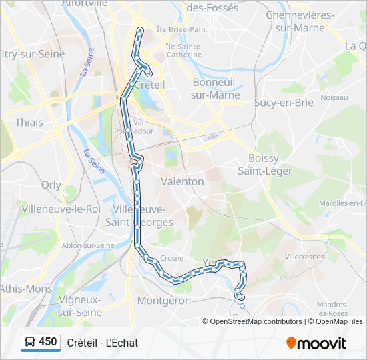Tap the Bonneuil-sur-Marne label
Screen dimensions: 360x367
pos(216,89)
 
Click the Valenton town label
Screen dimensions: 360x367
pos(182,181)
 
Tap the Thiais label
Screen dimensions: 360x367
pos(29,123)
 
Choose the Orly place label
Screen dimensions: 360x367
pos(51,185)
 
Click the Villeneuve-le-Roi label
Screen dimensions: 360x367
pos(61,209)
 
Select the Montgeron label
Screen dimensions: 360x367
pos(163,301)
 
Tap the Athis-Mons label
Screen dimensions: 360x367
pos(26,289)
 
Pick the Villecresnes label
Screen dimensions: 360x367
pos(304,256)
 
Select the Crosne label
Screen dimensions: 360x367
pos(171,258)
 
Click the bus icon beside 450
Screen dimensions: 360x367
pos(30,343)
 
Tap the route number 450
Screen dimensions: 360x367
pos(48,342)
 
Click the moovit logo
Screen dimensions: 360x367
pos(316,343)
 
